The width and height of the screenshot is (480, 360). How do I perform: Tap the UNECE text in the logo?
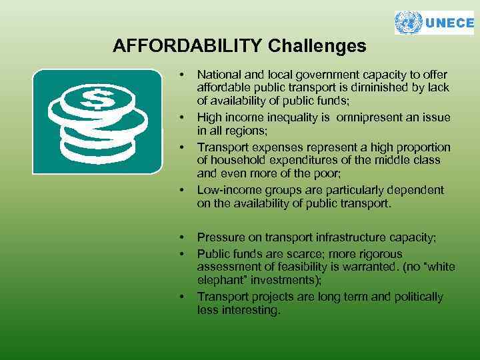(x=449, y=23)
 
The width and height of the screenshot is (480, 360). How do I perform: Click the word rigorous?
(x=378, y=254)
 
